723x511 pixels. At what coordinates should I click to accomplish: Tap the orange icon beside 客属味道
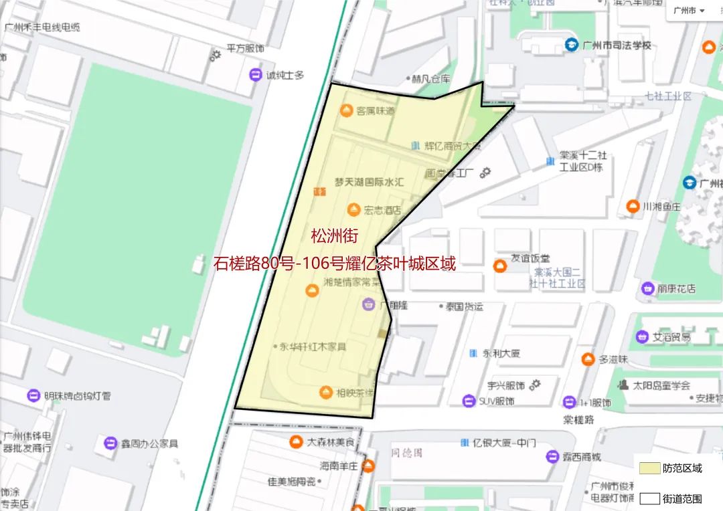click(x=347, y=110)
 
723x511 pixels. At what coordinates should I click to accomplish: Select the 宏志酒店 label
click(x=382, y=210)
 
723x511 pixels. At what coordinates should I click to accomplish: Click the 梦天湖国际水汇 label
click(x=370, y=182)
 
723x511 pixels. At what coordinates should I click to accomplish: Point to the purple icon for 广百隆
click(x=368, y=305)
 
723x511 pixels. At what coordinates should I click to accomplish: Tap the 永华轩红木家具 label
click(x=313, y=346)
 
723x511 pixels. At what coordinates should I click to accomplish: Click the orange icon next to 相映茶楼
click(x=326, y=392)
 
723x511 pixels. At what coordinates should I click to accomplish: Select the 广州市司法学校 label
click(x=617, y=45)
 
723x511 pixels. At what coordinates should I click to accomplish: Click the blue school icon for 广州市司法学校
click(x=571, y=45)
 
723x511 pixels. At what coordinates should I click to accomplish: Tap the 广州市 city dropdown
click(x=688, y=11)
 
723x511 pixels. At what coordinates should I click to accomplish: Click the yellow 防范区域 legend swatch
click(x=649, y=468)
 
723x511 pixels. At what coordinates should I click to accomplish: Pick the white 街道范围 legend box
click(x=649, y=498)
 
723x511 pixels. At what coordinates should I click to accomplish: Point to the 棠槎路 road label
click(x=578, y=420)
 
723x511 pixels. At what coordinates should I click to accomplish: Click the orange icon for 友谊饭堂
click(x=499, y=265)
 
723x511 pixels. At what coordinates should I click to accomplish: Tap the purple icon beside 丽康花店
click(x=647, y=289)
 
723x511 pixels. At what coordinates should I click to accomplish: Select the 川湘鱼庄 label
click(x=661, y=207)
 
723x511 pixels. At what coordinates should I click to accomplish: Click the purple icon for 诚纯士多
click(x=255, y=75)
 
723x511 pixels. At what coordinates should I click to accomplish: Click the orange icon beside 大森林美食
click(x=295, y=442)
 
